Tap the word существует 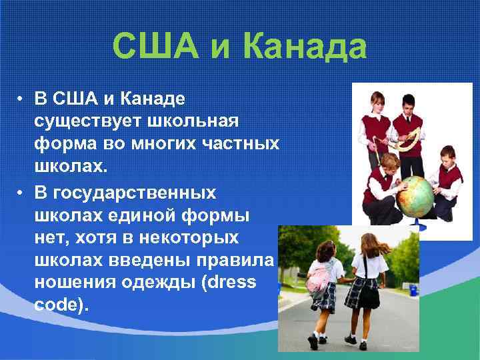pos(83,123)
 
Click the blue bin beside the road pos(413,290)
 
